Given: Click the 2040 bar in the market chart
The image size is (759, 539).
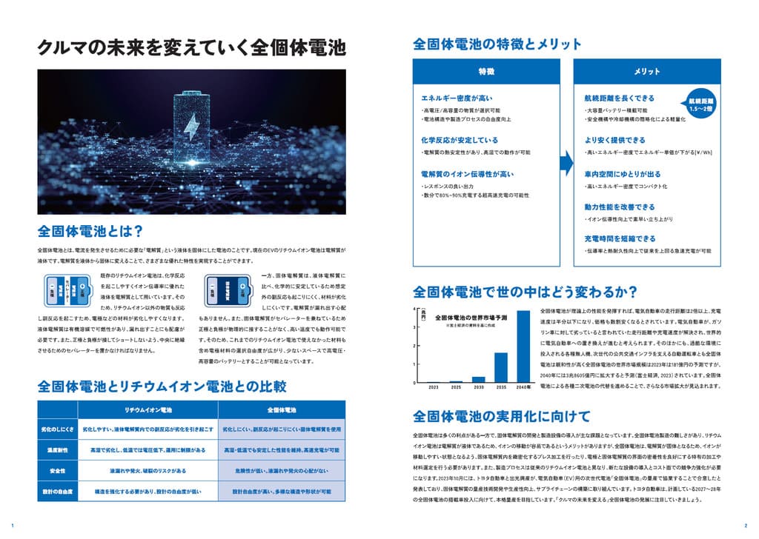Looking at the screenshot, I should pos(523,346).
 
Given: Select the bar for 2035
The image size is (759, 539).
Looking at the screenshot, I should pos(500,367).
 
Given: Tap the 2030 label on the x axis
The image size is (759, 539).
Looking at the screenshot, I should pos(478,387).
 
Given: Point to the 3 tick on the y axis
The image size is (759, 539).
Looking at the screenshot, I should pos(415,327).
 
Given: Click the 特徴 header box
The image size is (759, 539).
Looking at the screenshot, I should pos(486,71).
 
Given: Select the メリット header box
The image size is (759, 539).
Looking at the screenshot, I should pos(642,71).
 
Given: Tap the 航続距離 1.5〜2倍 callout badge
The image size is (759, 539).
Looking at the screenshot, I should pos(700,104).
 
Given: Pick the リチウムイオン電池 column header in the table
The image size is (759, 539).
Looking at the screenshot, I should pos(148,409).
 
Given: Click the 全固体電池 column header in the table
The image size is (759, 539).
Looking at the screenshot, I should pos(282,409).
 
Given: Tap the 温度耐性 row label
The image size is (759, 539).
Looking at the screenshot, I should pos(57,449).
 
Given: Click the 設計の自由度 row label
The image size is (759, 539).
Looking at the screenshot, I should pos(57,492).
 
